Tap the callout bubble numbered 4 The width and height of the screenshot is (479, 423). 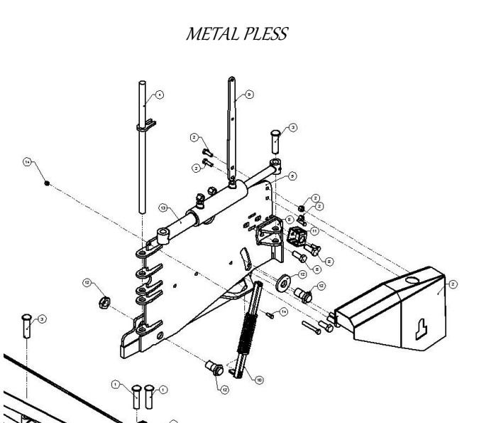(159, 95)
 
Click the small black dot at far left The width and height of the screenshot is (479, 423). (47, 183)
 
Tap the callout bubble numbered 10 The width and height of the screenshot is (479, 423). (259, 380)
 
